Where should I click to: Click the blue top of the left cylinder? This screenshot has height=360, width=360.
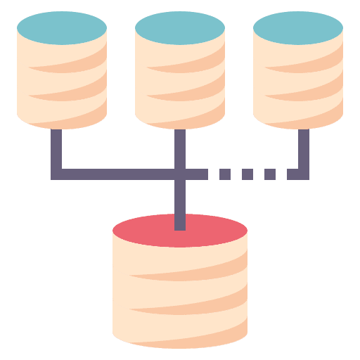(x=62, y=28)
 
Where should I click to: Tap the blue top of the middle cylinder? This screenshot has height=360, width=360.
(x=180, y=28)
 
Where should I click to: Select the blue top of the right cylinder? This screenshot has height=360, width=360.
(x=298, y=28)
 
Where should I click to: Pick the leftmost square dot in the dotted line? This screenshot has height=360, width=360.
(x=225, y=174)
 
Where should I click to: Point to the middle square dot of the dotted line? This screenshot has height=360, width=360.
(x=247, y=174)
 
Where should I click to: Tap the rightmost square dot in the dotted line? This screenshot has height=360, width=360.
(x=270, y=174)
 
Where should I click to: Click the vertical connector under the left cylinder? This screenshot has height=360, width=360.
(x=56, y=148)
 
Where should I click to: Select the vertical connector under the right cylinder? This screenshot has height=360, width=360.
(x=303, y=148)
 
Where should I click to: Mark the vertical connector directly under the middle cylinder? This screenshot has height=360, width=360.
(x=180, y=148)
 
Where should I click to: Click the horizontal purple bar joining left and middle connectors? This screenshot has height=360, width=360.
(x=116, y=174)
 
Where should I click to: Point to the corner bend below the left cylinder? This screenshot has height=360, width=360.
(x=56, y=174)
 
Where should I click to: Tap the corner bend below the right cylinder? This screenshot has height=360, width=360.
(x=302, y=174)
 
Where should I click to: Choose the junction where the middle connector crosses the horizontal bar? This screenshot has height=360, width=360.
(x=180, y=174)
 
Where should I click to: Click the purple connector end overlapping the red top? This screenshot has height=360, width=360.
(x=180, y=221)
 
